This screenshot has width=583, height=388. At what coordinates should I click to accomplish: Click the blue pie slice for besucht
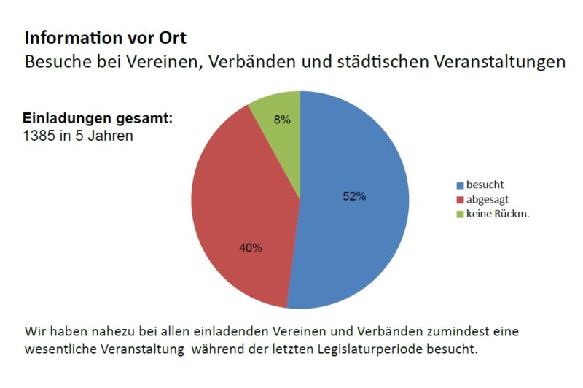point(357,219)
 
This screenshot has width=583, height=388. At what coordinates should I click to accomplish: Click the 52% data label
point(354,196)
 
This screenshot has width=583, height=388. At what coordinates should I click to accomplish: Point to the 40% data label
point(251,247)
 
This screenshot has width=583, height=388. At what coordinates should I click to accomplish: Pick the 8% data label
point(282,120)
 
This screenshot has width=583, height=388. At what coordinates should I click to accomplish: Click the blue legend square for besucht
point(460,185)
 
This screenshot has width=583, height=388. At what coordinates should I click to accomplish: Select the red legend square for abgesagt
point(460,199)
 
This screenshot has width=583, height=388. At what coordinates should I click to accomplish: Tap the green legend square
point(460,214)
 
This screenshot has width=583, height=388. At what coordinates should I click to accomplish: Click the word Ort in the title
point(180,37)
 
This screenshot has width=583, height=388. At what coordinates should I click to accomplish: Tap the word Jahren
point(109,136)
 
